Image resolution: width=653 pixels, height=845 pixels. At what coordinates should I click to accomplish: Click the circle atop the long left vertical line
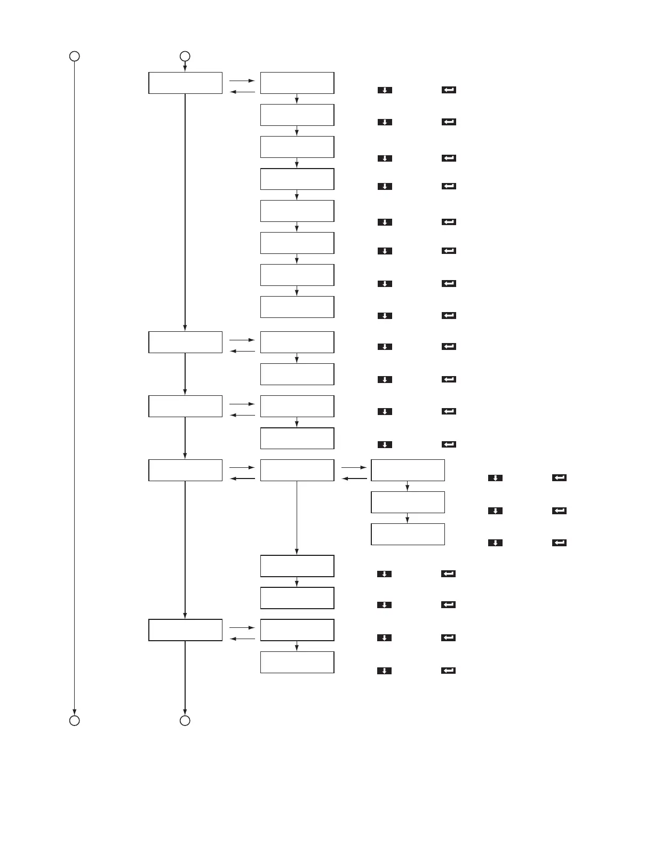(75, 56)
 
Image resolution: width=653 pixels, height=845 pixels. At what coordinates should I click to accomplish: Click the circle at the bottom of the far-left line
(75, 721)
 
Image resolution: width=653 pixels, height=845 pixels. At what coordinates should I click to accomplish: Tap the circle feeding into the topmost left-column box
(185, 56)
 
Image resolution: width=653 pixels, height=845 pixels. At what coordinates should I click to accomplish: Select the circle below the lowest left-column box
(185, 721)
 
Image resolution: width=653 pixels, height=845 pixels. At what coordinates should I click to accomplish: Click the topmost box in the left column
(185, 83)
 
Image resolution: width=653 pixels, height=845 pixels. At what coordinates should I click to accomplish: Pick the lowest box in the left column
(185, 630)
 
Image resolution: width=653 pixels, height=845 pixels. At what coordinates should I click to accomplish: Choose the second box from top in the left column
(185, 342)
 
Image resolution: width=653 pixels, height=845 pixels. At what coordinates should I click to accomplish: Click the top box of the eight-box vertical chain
(297, 83)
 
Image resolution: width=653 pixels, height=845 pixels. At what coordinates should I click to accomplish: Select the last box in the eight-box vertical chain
(297, 307)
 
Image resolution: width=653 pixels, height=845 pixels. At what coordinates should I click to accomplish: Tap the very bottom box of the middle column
(297, 662)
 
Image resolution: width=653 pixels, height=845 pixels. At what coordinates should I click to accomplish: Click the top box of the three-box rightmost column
(408, 470)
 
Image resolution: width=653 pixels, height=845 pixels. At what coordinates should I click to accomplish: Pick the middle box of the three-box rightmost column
(408, 502)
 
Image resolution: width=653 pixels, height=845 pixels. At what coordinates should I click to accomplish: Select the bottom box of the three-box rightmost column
(408, 534)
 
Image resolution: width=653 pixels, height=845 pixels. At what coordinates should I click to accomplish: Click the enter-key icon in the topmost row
(449, 90)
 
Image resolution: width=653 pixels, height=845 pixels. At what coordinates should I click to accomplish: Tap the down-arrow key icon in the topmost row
(385, 90)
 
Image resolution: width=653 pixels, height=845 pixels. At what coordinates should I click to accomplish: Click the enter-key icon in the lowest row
(448, 671)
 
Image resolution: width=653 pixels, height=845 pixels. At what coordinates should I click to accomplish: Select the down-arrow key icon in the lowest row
(384, 671)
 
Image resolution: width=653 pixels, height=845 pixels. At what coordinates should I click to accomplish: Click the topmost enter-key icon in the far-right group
(559, 478)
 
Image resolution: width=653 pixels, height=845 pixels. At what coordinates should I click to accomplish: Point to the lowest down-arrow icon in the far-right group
(495, 543)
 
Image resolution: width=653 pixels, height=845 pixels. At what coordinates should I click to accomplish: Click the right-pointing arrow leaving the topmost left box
(242, 81)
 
